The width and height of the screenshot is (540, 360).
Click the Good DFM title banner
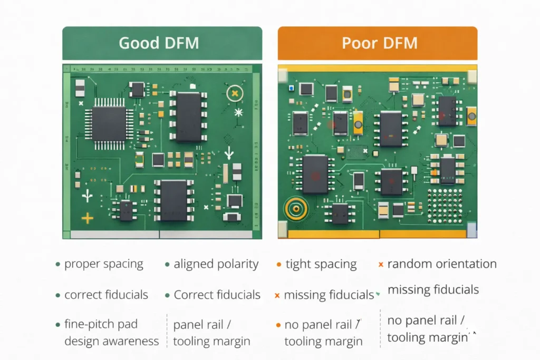(x=162, y=43)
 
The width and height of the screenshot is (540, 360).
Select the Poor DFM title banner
(x=377, y=43)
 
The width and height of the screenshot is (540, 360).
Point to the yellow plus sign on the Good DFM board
(x=86, y=218)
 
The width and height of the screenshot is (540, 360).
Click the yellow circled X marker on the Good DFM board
(x=235, y=93)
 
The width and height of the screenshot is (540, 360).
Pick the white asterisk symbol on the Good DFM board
(x=238, y=112)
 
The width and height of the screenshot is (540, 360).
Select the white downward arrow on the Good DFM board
(x=228, y=153)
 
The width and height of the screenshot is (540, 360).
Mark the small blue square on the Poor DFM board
(x=291, y=87)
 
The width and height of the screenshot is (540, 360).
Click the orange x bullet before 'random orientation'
(x=381, y=264)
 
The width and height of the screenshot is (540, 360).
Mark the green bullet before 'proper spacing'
(x=57, y=264)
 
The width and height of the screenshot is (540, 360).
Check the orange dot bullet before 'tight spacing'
(x=278, y=264)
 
